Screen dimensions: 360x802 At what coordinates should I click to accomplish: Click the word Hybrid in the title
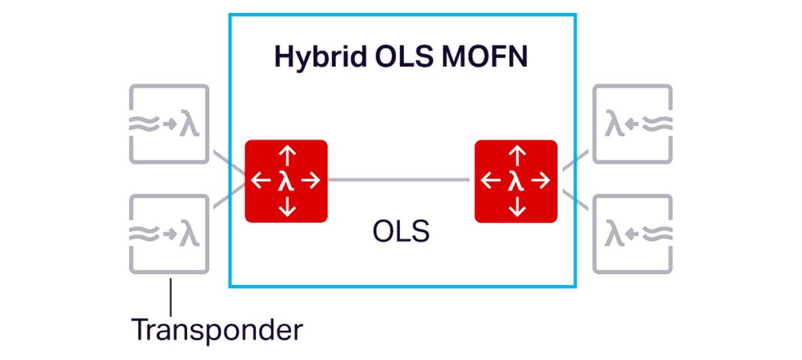(x=320, y=57)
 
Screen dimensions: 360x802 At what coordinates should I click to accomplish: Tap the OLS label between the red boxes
(x=401, y=232)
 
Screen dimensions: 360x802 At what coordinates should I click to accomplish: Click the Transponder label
(x=217, y=330)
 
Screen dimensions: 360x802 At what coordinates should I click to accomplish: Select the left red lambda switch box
(x=286, y=181)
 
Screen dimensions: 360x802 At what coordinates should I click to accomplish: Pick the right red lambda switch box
(x=516, y=181)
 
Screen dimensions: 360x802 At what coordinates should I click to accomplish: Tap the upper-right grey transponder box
(x=632, y=124)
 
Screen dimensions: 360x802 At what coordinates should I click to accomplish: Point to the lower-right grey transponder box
(x=632, y=234)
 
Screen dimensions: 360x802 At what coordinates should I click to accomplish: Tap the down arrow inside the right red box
(x=517, y=206)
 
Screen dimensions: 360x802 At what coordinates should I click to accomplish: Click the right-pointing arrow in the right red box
(x=541, y=180)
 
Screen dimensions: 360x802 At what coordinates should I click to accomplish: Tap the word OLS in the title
(x=405, y=57)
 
